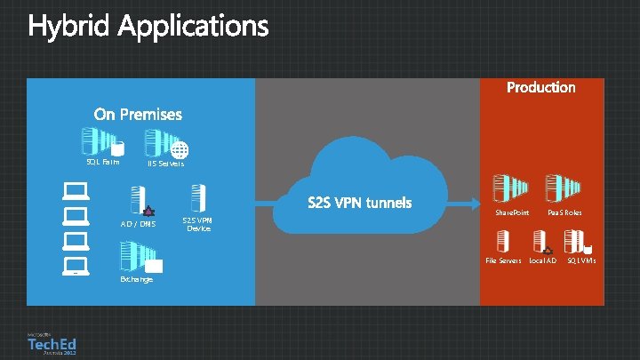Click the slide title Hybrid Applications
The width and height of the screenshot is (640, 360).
pyautogui.click(x=148, y=27)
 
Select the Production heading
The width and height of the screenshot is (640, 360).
pyautogui.click(x=540, y=87)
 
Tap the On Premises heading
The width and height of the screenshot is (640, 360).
pyautogui.click(x=138, y=114)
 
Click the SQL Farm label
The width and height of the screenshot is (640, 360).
pyautogui.click(x=102, y=162)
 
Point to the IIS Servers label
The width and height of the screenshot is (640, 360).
pyautogui.click(x=165, y=164)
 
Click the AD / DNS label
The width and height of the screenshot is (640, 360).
pyautogui.click(x=138, y=224)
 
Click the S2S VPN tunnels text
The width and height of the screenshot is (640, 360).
pyautogui.click(x=360, y=203)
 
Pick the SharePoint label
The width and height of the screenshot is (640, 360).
pyautogui.click(x=511, y=213)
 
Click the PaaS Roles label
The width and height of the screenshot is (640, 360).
pyautogui.click(x=564, y=213)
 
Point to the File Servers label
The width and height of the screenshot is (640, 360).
pyautogui.click(x=502, y=260)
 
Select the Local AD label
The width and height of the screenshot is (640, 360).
pyautogui.click(x=542, y=260)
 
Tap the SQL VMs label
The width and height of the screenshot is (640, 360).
pyautogui.click(x=581, y=260)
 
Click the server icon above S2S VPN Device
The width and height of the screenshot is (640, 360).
pyautogui.click(x=198, y=198)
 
